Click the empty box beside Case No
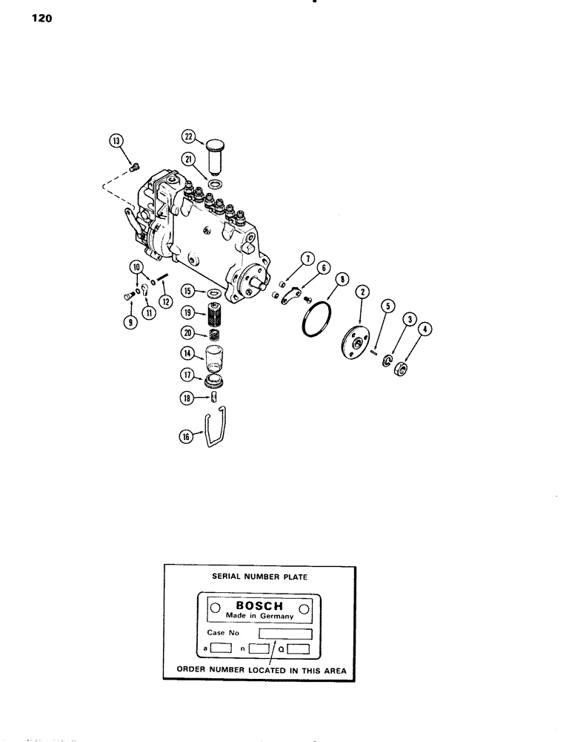pos(285,634)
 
